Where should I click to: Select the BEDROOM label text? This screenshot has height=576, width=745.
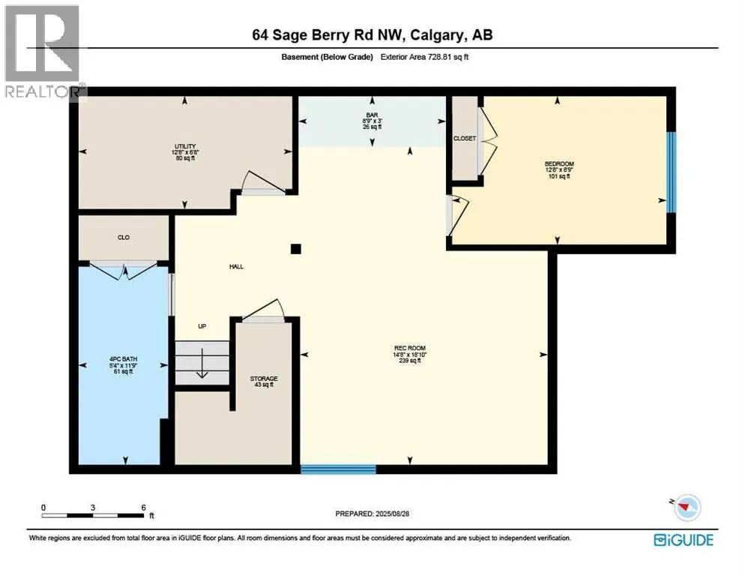tap(558, 163)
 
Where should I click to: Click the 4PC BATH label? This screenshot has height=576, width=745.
tap(123, 359)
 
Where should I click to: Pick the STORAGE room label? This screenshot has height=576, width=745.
tap(264, 379)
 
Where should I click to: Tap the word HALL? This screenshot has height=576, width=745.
tap(237, 266)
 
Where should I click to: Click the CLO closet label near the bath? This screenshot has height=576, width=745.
tap(124, 238)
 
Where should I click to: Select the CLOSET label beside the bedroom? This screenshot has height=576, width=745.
tap(465, 139)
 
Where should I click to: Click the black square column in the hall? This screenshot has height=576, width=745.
tap(296, 249)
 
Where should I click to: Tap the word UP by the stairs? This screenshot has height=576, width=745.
tap(202, 326)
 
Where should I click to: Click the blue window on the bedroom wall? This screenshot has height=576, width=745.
tap(672, 172)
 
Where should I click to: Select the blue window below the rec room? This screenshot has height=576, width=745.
tap(338, 469)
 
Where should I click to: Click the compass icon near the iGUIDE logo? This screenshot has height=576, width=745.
tap(685, 508)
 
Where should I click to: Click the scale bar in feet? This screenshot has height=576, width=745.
tap(94, 515)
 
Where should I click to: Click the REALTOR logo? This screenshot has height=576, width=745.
tap(42, 52)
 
